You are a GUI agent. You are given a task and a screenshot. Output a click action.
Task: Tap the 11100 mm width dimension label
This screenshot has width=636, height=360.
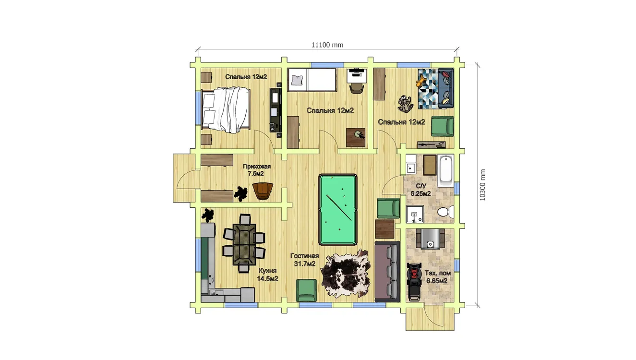pos(327,45)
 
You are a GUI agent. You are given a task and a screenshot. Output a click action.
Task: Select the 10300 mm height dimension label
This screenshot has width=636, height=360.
pos(483,185)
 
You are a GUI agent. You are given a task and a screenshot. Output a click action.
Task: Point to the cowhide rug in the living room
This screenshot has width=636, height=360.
pos(346,274)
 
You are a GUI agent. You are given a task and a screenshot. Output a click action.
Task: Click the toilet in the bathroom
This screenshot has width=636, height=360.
pos(445,212)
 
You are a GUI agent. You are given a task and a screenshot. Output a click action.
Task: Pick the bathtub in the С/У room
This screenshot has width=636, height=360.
pos(445,170)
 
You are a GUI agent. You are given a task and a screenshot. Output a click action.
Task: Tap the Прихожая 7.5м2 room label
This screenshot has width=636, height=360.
pos(257,170)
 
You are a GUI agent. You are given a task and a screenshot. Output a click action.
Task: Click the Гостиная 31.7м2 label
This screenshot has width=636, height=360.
pos(305,260)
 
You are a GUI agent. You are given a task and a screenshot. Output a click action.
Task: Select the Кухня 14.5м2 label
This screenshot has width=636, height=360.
pos(267,275)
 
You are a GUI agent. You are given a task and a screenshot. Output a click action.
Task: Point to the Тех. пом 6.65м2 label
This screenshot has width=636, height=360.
pos(437,277)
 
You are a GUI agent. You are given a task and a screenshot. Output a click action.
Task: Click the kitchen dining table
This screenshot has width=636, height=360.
pos(244,244)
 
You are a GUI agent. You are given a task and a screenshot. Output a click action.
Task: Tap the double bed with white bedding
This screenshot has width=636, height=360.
pos(226,109)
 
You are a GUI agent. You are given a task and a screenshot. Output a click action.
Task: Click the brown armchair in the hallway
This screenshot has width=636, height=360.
pos(263,191)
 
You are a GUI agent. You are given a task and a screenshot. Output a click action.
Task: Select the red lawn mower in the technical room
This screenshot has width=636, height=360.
pos(414,282)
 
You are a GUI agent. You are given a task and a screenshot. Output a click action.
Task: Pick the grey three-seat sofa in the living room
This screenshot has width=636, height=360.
pos(387,271)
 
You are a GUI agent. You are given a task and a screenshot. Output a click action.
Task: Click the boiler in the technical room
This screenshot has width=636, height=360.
pos(430,239)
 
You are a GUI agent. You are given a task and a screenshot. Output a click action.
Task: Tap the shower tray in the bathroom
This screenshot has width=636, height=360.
pos(415,214)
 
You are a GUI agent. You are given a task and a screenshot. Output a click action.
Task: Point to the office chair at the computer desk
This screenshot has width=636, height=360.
pos(357,88)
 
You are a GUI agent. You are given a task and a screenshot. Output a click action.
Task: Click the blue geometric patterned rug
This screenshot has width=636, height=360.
pos(428,89)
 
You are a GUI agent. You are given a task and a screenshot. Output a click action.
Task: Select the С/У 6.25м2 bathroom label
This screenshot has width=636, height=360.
pos(421,190)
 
